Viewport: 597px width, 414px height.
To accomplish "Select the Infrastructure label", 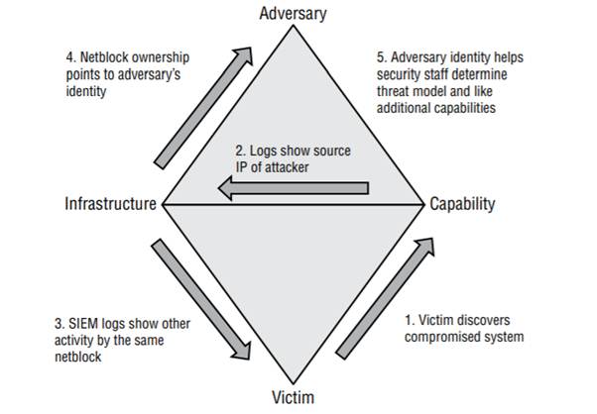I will click(x=110, y=205).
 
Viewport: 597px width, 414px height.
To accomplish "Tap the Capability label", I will click(x=462, y=205).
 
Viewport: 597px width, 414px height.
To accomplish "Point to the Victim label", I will click(x=293, y=399).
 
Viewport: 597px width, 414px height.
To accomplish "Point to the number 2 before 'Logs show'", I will click(x=238, y=150).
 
